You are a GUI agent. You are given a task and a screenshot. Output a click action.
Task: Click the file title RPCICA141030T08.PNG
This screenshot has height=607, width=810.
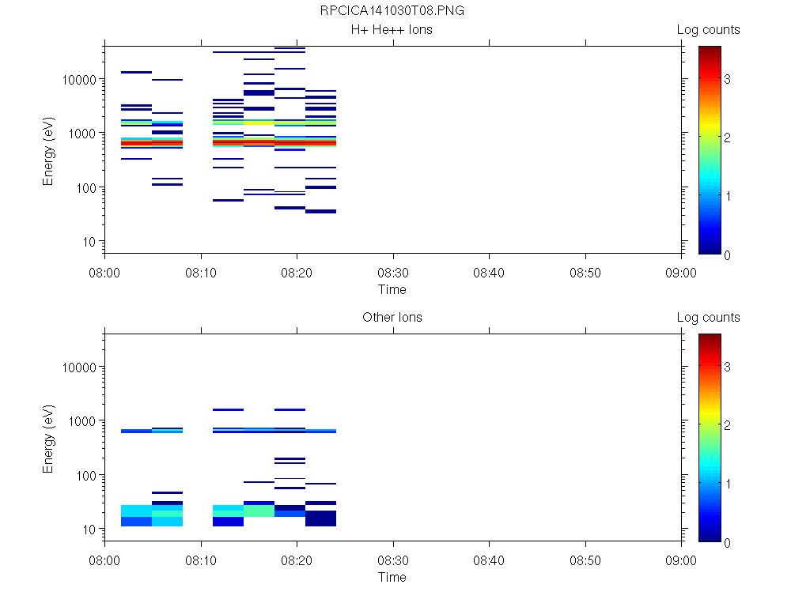(x=392, y=12)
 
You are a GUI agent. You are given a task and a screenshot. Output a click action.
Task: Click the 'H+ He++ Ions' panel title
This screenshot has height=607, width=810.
(x=392, y=30)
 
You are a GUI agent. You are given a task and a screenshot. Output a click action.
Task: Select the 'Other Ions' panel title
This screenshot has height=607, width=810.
(x=392, y=318)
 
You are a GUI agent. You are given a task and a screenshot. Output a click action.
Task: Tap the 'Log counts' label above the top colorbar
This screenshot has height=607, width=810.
(x=708, y=30)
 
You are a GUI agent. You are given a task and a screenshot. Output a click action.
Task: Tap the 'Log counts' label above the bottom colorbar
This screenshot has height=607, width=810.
(x=708, y=318)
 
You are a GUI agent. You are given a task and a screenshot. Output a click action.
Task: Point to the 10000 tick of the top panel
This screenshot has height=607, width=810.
(x=79, y=80)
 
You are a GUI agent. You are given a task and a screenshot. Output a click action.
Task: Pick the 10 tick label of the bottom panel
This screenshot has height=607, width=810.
(x=89, y=529)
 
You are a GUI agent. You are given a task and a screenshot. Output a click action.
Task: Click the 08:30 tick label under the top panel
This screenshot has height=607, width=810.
(x=392, y=273)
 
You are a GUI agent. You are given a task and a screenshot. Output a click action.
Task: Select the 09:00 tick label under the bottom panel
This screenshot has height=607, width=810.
(x=681, y=560)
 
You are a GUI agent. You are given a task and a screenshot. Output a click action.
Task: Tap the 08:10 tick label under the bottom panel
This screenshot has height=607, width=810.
(x=201, y=560)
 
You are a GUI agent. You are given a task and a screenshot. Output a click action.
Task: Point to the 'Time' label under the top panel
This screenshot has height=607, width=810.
(x=392, y=289)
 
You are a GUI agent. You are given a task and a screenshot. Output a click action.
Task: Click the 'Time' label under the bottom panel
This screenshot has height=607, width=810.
(x=392, y=577)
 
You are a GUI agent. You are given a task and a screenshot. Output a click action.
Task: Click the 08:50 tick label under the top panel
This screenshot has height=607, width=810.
(x=585, y=273)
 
